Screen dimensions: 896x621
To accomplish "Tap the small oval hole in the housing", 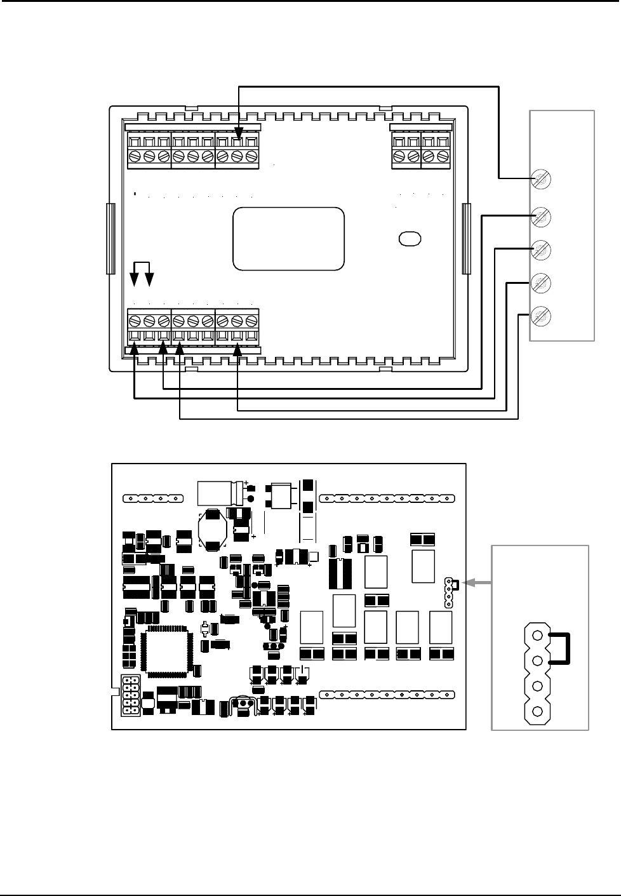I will pos(410,239).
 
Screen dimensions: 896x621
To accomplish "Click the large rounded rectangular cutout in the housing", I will pos(289,239).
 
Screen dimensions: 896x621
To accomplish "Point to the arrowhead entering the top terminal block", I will pos(238,135).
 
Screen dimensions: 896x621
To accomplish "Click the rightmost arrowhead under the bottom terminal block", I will pos(237,347).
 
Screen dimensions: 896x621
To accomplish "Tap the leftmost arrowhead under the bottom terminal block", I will pos(135,347).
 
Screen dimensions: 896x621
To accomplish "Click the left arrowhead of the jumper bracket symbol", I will pos(135,280).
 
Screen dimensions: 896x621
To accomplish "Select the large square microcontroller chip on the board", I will pos(167,648).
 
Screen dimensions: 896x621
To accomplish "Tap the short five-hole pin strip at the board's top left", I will pos(154,498).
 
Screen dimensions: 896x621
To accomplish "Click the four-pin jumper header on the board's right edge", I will pos(449,592).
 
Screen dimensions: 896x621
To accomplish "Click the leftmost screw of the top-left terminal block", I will pos(135,156).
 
